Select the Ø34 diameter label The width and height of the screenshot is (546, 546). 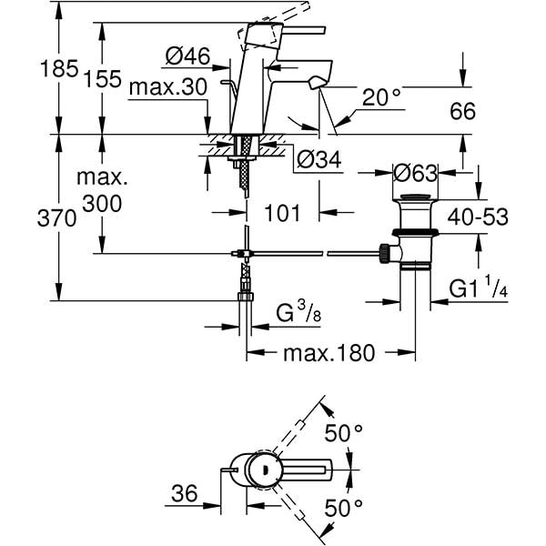click(318, 160)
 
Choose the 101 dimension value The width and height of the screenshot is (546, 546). click(283, 215)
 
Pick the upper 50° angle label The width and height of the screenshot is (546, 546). click(344, 434)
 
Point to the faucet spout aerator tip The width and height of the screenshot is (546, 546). click(315, 84)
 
